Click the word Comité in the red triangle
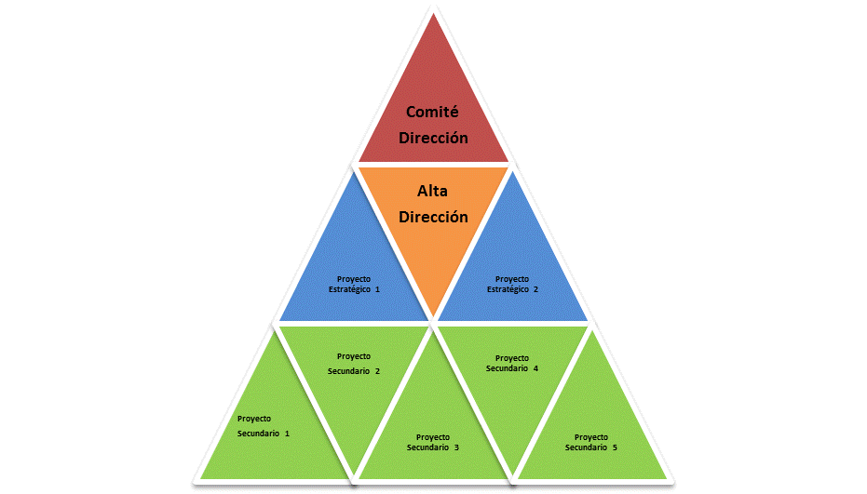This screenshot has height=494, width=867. point(433,112)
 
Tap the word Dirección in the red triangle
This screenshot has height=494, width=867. point(433,137)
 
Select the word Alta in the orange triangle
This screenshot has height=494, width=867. point(433,193)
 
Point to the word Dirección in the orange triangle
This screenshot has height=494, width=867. point(433,217)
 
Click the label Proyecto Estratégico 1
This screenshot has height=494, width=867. point(354,284)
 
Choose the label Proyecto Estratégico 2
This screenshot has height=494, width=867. point(512,284)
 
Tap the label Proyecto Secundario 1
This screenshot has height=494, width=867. point(263,426)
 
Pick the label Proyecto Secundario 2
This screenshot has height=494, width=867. point(354,364)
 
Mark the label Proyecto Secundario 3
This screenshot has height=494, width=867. point(433,442)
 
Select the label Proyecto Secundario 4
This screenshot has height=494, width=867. point(512,363)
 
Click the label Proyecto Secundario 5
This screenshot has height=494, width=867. point(591,442)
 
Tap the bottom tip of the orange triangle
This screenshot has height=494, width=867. point(433,315)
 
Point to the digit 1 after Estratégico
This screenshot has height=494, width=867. point(377,289)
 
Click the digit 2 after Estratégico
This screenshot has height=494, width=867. point(535,289)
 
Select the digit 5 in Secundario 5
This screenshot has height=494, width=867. point(615,447)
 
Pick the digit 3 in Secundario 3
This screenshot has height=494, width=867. point(456,447)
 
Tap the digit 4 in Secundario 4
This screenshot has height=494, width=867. point(535,368)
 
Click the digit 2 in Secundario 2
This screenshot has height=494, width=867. point(377,371)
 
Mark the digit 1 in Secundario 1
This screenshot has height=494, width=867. point(287,434)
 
